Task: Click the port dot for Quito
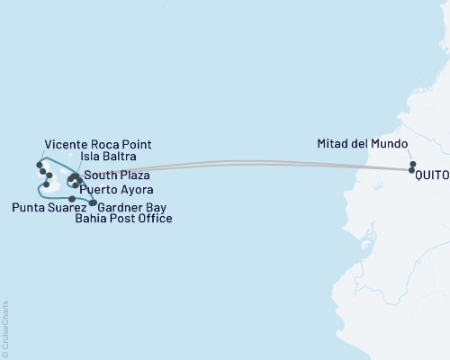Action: pos(412,170)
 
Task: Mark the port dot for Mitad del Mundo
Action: pos(412,163)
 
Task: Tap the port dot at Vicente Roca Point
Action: pos(40,164)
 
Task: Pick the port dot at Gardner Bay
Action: pos(93,202)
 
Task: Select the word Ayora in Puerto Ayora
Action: pos(138,191)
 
